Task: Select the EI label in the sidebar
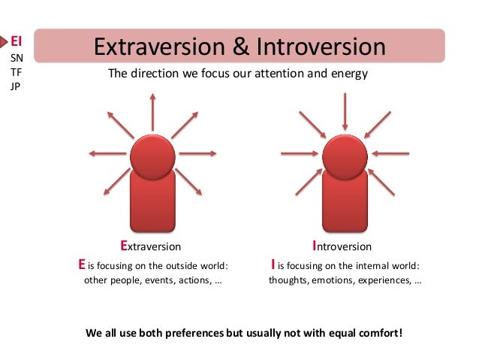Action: click(x=17, y=41)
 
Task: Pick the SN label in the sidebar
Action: click(x=17, y=57)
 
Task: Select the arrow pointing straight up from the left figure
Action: click(x=152, y=113)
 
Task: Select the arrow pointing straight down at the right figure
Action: click(x=345, y=113)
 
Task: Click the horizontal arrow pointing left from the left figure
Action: click(x=107, y=154)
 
